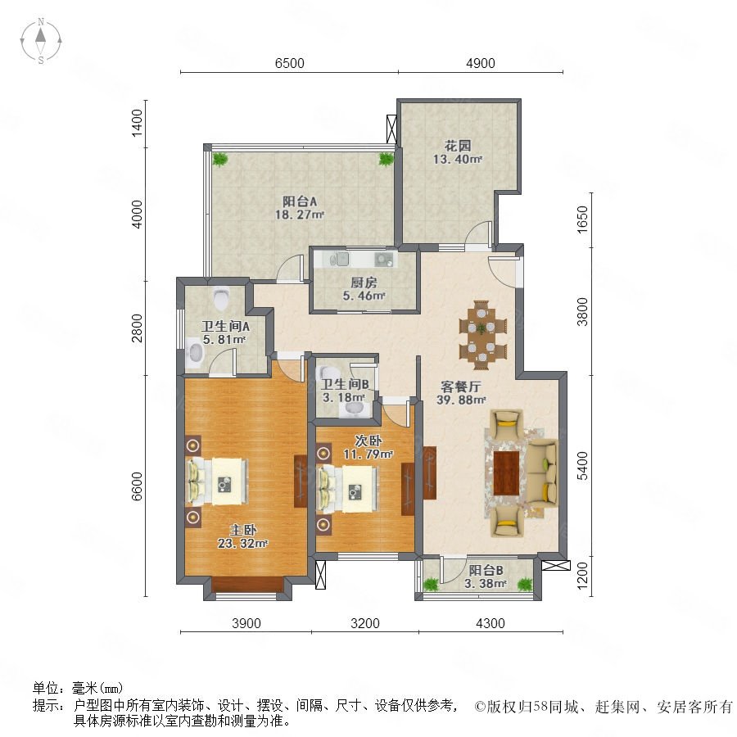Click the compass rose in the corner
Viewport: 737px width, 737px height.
coord(41,40)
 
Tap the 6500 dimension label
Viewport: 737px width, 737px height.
coord(290,63)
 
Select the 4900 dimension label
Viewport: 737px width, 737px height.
coord(481,63)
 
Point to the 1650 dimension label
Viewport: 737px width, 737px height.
coord(582,219)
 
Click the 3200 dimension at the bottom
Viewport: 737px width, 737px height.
coord(365,623)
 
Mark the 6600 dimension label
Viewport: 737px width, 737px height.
coord(137,486)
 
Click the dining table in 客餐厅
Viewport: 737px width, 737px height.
coord(482,335)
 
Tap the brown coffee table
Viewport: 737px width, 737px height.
coord(506,472)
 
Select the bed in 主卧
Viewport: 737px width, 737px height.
coord(218,481)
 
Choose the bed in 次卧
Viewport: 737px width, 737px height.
coord(348,489)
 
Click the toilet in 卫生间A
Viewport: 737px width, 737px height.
coord(220,298)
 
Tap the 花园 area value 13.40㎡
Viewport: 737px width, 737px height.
coord(458,160)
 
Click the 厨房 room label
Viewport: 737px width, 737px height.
coord(364,283)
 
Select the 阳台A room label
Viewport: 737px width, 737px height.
coord(300,201)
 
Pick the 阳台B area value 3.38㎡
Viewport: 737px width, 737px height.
coord(486,584)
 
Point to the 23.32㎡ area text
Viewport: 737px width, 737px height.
coord(242,544)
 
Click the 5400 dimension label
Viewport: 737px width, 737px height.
coord(582,465)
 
